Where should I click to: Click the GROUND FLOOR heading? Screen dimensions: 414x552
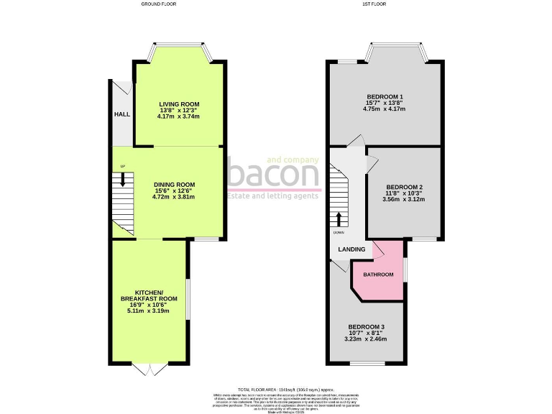click(x=158, y=4)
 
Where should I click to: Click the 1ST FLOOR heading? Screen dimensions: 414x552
click(x=385, y=4)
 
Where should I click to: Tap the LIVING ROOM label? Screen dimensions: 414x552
click(x=179, y=104)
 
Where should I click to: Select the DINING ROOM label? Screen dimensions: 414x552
click(x=174, y=184)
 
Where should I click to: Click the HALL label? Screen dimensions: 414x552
click(x=121, y=114)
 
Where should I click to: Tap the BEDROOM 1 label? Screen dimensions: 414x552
click(x=385, y=97)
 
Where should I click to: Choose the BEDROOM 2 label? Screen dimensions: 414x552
click(x=404, y=188)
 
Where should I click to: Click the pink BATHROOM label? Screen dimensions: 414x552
click(x=378, y=275)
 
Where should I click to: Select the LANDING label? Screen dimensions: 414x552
click(x=352, y=249)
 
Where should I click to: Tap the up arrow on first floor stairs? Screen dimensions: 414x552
click(x=339, y=217)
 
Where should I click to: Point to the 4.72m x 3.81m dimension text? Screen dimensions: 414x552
click(x=174, y=196)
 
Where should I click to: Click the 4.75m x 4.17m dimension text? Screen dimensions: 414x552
click(x=385, y=109)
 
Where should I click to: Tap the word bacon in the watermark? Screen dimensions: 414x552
click(x=274, y=175)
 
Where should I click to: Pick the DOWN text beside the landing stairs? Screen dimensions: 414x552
click(x=338, y=233)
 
